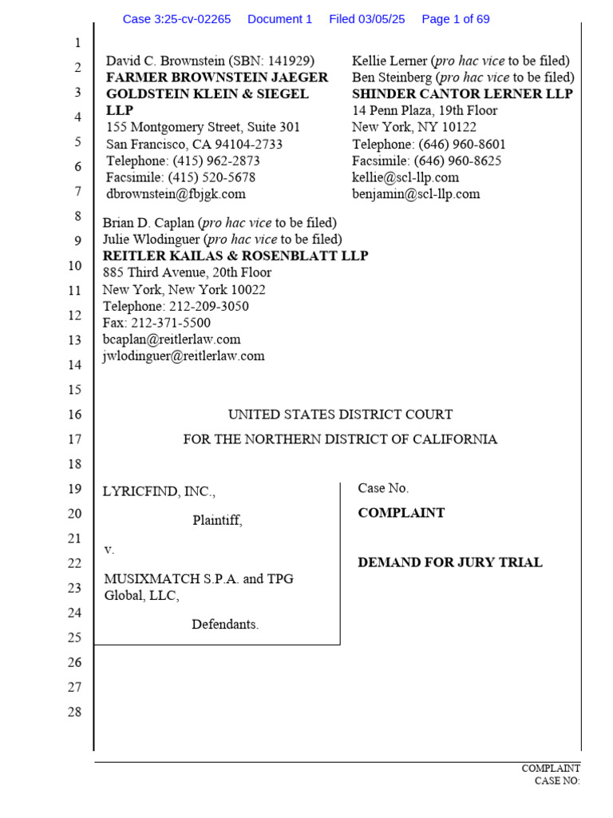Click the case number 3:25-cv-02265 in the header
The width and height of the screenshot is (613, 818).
click(176, 19)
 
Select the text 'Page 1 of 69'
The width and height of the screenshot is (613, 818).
click(455, 19)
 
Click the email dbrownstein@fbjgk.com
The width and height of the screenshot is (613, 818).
click(176, 194)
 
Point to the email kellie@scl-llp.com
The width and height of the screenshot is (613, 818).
click(405, 177)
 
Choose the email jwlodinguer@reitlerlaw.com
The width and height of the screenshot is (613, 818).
click(184, 356)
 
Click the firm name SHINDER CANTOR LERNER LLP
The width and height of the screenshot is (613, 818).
click(462, 94)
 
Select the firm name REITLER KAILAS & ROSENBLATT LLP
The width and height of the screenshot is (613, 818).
click(235, 256)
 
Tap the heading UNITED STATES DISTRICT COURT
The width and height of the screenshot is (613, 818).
click(340, 415)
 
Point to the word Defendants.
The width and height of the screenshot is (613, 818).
click(225, 625)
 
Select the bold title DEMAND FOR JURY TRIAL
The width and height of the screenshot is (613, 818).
click(450, 562)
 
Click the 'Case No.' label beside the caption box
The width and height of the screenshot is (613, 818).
click(383, 488)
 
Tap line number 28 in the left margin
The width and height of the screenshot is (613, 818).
click(74, 712)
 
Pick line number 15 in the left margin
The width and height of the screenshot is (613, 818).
click(74, 390)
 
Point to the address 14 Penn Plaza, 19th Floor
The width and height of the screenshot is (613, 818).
click(425, 111)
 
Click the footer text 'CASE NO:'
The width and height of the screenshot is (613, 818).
click(557, 780)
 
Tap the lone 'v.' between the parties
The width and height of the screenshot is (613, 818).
click(109, 550)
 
